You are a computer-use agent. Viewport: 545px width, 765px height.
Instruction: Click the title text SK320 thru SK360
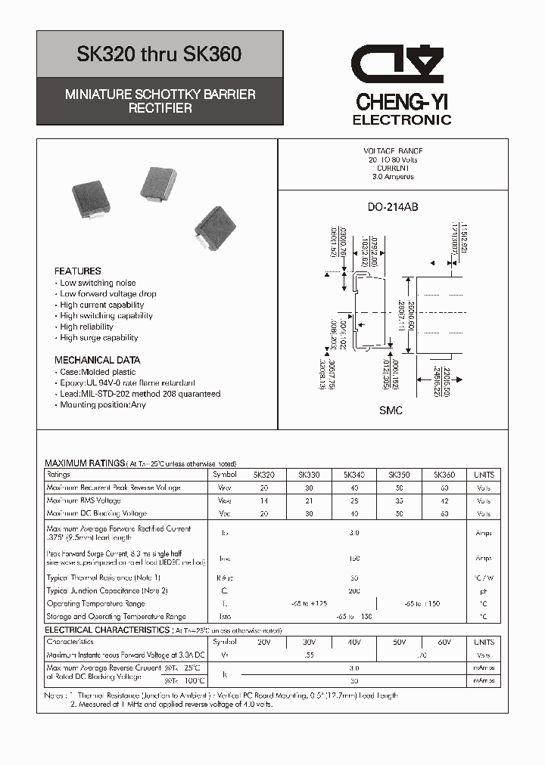coord(160,54)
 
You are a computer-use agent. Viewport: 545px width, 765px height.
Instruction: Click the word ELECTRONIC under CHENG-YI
coord(402,119)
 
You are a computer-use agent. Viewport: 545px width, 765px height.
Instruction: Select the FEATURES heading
coord(77,271)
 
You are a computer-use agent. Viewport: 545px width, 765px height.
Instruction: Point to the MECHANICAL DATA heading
coord(97,360)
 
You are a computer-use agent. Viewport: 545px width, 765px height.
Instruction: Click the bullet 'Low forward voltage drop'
coord(108,294)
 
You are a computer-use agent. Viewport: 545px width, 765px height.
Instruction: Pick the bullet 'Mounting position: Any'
coord(103,404)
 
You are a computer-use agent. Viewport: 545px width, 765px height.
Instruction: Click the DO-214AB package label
coord(393,207)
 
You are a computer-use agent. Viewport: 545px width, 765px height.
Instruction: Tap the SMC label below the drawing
coord(391,410)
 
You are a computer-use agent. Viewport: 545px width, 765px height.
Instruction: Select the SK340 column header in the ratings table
coord(353,475)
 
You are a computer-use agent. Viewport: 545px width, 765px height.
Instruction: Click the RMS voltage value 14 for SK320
coord(264,500)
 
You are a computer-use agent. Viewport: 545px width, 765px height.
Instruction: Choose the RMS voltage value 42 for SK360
coord(444,500)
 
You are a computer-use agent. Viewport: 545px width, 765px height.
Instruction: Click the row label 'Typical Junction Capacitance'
coord(107,590)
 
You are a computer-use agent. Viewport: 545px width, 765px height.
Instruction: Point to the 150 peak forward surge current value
coord(353,558)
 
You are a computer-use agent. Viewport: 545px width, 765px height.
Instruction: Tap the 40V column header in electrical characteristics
coord(353,642)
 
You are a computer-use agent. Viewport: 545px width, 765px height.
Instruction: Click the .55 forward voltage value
coord(309,655)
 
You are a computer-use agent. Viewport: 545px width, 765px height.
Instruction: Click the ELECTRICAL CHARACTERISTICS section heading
coord(107,630)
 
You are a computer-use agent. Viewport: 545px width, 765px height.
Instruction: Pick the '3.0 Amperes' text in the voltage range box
coord(393,177)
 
